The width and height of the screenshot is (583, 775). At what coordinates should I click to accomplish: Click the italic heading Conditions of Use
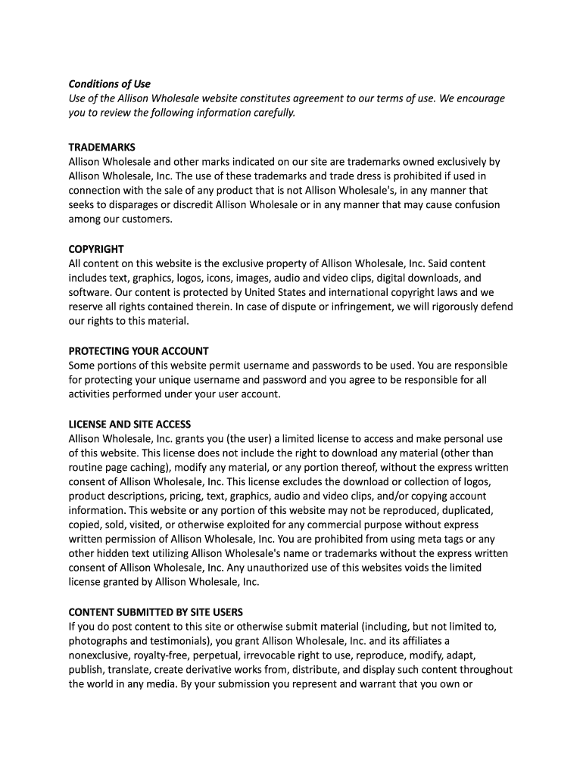(110, 84)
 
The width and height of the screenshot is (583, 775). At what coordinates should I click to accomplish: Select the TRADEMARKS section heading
(102, 147)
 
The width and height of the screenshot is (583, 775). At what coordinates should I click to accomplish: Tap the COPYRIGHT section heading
(96, 249)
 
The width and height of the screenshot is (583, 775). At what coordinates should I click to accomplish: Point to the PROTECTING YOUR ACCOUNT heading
(139, 351)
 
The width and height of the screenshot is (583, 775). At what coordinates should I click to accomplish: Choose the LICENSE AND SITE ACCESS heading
(129, 425)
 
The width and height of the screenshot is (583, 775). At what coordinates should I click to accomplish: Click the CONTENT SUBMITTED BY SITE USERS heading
(156, 612)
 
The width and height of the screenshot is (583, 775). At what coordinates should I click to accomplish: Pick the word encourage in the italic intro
(477, 98)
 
